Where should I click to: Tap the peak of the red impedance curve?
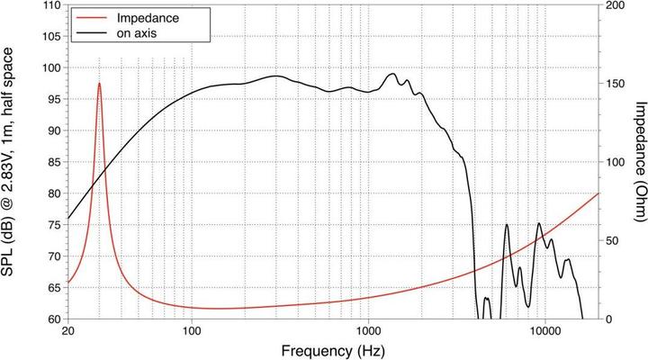click(99, 84)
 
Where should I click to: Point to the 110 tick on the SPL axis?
click(52, 5)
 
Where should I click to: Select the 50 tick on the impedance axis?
click(612, 241)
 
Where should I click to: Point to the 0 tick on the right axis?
click(608, 319)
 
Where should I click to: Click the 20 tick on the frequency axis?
click(68, 330)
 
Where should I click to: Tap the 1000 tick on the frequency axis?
click(367, 330)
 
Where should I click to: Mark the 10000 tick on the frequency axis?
click(544, 330)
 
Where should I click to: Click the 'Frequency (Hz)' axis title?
click(334, 349)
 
